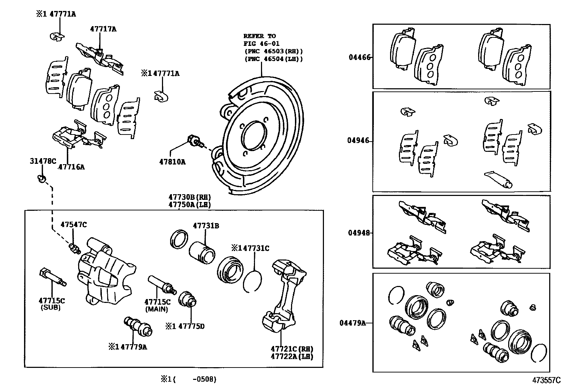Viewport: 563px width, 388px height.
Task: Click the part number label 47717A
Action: coord(103,29)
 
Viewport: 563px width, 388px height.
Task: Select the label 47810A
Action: coord(172,162)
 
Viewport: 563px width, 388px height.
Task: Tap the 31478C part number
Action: coord(42,161)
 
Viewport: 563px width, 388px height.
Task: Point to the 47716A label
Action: coord(71,167)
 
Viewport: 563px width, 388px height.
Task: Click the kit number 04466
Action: coord(359,57)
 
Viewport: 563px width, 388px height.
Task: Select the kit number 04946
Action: coord(358,141)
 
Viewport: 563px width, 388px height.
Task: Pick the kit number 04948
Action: coord(359,233)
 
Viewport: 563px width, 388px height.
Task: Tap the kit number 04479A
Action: coord(353,323)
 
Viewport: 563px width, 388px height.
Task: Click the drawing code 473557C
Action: coord(547,380)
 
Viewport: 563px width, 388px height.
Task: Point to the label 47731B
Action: coord(206,226)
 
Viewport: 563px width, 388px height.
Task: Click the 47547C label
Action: coord(74,225)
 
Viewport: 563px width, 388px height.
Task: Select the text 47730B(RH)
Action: coord(190,197)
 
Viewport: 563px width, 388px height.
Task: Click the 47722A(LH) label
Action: coord(292,357)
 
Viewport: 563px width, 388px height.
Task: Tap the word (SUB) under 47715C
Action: coord(51,308)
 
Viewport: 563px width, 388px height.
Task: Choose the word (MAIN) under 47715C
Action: coord(157,309)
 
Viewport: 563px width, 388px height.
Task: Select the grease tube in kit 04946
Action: coord(499,179)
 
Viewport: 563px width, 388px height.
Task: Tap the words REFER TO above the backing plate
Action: coord(260,36)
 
